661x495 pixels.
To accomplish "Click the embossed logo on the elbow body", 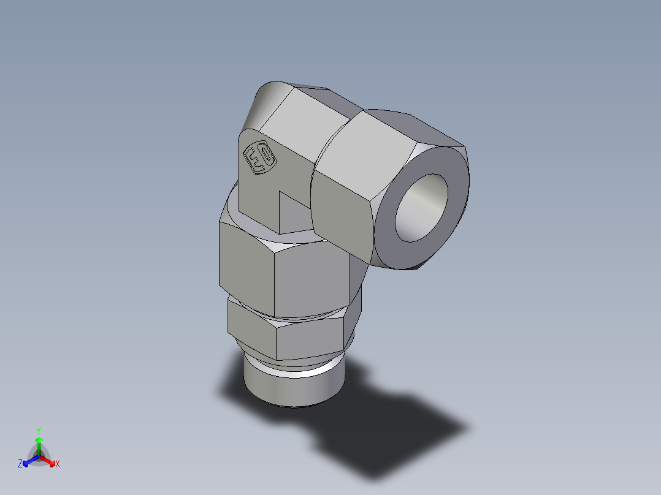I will tap(260, 159).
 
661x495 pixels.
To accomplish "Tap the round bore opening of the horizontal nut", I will tap(421, 207).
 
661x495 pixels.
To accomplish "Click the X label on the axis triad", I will tap(58, 464).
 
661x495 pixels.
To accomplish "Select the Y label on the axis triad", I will tap(38, 431).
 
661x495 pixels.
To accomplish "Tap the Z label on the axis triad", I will tap(20, 464).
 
